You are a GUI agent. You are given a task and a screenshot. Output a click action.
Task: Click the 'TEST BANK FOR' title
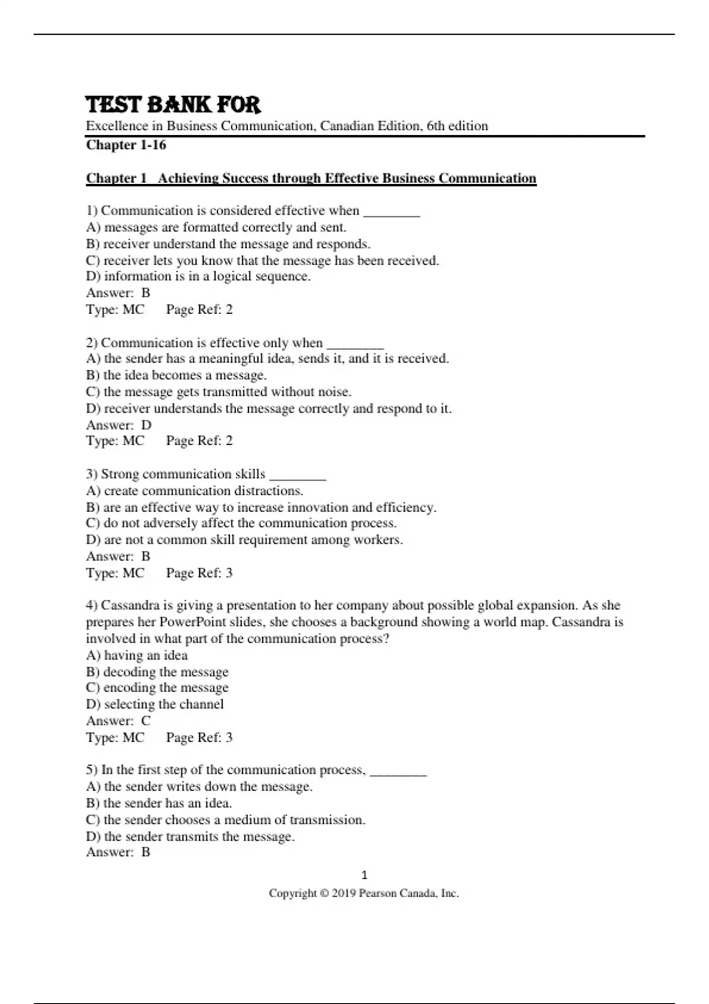(x=173, y=105)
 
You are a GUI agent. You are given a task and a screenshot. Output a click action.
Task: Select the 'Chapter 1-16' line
(x=126, y=145)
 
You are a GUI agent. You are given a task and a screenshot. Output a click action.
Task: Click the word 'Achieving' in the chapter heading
(x=188, y=178)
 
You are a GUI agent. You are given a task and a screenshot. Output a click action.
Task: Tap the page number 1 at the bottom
(x=364, y=875)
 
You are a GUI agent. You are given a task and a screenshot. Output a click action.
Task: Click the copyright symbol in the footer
(x=324, y=894)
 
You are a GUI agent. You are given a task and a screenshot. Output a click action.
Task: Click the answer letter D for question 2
(x=147, y=425)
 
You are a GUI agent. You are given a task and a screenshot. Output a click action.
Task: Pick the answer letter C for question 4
(x=146, y=721)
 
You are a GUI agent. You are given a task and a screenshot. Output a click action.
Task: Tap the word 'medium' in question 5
(x=248, y=820)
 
